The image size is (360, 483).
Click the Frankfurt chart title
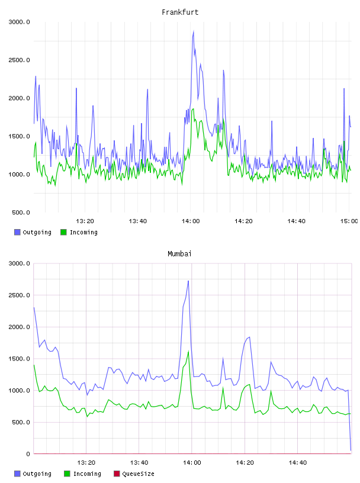point(180,12)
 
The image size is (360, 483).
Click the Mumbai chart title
point(179,254)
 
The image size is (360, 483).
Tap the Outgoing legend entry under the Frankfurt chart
point(33,232)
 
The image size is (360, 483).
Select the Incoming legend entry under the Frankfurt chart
point(79,232)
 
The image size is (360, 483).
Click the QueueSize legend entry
point(134,474)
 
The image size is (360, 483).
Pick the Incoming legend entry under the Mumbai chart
point(82,474)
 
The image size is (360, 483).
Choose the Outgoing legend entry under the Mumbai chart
point(33,474)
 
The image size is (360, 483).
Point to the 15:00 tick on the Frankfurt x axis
point(349,221)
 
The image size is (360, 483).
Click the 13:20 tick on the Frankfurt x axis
point(85,221)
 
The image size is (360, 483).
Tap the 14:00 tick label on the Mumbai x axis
point(192,463)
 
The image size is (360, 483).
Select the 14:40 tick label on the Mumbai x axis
point(298,463)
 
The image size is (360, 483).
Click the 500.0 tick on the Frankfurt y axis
point(21,212)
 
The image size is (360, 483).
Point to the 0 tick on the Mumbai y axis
point(28,454)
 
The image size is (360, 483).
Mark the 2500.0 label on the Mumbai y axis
point(20,295)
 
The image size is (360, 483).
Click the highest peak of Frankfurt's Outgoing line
point(194,31)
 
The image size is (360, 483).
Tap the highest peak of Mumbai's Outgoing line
point(188,281)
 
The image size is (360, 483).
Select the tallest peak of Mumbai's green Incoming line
point(188,351)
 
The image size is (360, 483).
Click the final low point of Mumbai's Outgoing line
point(351,450)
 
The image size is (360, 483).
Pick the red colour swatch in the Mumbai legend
point(117,474)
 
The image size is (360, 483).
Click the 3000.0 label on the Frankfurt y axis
point(20,22)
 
